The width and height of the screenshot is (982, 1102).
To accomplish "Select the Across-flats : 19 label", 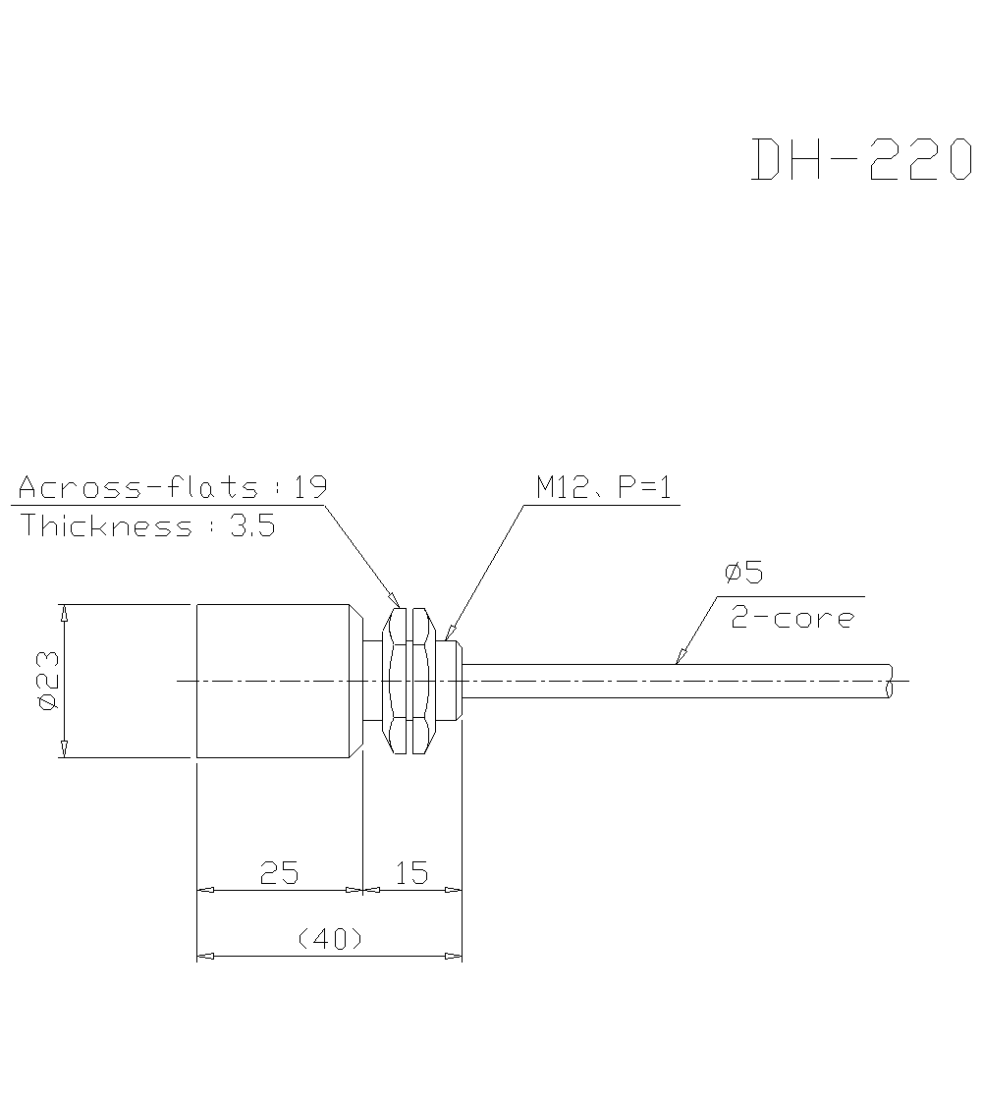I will pyautogui.click(x=173, y=487).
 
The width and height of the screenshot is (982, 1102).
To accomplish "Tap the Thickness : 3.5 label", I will pyautogui.click(x=148, y=525).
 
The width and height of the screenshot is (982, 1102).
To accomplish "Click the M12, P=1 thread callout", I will pyautogui.click(x=604, y=487).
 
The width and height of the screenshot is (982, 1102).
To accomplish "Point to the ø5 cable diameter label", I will pyautogui.click(x=743, y=572).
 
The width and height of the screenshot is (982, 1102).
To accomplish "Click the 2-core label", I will pyautogui.click(x=792, y=619).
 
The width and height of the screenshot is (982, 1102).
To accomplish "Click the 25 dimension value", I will pyautogui.click(x=279, y=872).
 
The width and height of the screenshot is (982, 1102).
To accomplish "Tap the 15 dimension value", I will pyautogui.click(x=411, y=872).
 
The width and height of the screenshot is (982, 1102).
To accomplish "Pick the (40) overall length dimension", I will pyautogui.click(x=330, y=939).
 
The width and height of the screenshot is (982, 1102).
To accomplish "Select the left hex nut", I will pyautogui.click(x=399, y=681).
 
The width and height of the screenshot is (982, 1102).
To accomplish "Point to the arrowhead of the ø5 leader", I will pyautogui.click(x=679, y=658).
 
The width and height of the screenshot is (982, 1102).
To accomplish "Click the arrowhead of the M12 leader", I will pyautogui.click(x=449, y=634).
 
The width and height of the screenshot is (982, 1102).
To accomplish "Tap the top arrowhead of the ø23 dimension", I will pyautogui.click(x=64, y=613).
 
